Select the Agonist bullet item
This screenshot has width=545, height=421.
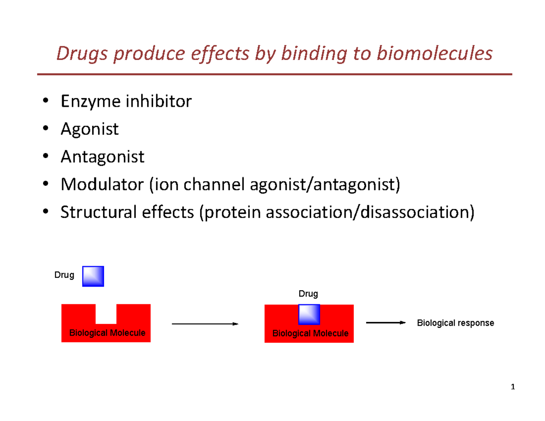point(89,129)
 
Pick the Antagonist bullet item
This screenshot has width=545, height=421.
point(103,157)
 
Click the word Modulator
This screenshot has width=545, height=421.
point(101,184)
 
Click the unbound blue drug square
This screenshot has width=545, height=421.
point(93,276)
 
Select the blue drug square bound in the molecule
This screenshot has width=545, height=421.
point(309,315)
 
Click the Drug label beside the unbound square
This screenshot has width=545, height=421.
point(64,275)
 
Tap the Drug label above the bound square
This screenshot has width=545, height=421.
point(308,294)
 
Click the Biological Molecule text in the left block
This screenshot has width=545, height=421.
point(107,333)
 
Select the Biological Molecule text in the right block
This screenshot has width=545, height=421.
point(310,333)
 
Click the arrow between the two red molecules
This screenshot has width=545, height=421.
point(204,324)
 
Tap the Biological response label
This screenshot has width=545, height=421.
point(455,323)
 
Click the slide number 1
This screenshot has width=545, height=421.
point(513,387)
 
